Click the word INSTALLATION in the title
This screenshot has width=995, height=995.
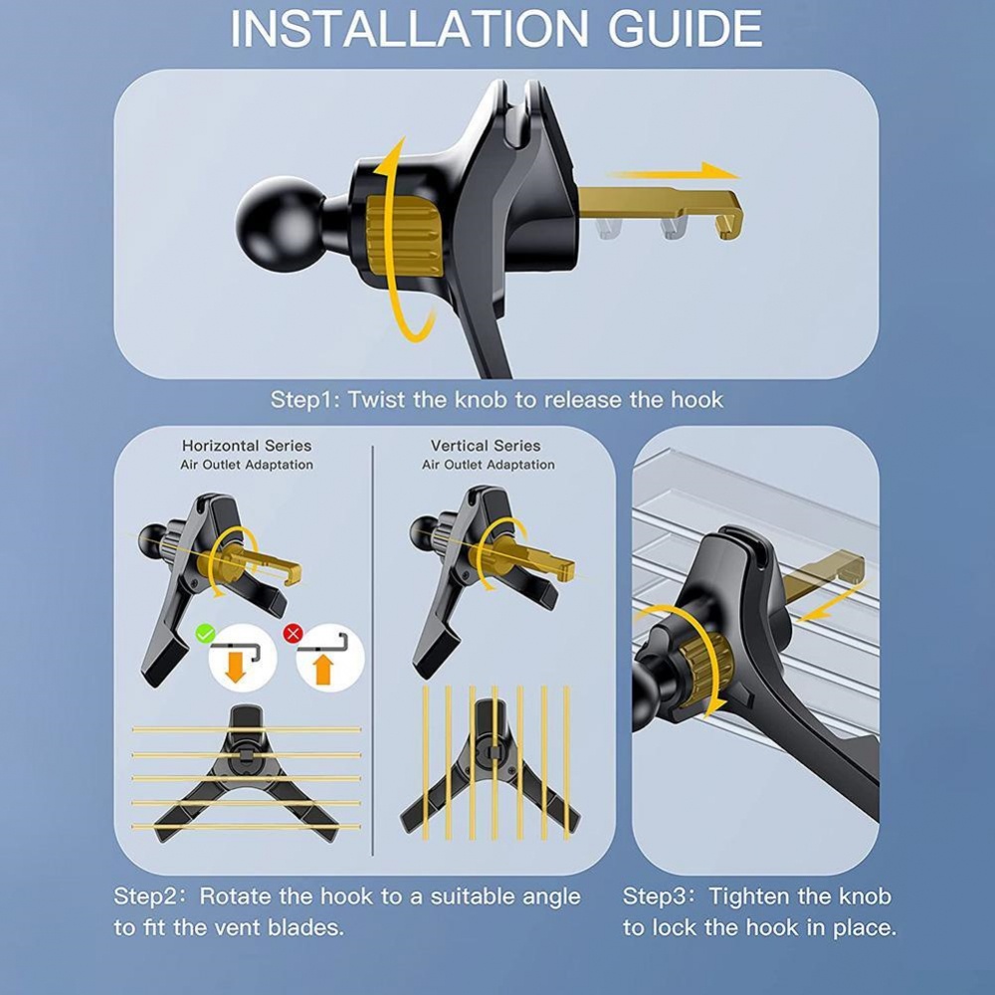pos(409,29)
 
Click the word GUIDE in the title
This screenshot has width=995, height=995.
pos(686,29)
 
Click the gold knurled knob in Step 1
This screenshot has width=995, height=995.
pos(404,236)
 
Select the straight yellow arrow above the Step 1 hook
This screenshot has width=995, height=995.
pos(673,172)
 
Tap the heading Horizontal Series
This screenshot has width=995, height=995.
pos(247,446)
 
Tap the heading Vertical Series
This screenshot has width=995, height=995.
pos(487,446)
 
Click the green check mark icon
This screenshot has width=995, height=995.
pos(205,633)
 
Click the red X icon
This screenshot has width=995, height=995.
pos(293,633)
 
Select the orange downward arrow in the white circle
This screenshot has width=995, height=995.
pos(236,668)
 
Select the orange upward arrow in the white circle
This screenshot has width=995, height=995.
pos(323,670)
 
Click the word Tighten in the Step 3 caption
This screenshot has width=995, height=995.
pos(749,896)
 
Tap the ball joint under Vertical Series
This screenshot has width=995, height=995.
pos(423,531)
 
